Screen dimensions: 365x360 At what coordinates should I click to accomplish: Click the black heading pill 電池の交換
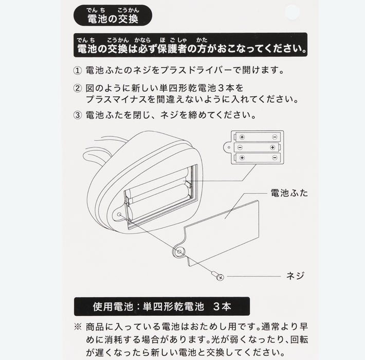coord(113,15)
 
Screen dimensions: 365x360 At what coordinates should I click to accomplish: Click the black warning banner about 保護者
coord(190,45)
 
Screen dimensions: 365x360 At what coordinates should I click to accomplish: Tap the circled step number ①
coord(78,70)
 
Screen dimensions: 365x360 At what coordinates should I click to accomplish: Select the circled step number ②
coord(78,88)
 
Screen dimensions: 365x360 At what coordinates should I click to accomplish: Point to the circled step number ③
coord(78,115)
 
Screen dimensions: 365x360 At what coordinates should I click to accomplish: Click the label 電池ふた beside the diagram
coord(289,193)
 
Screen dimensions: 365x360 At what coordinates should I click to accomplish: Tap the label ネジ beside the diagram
coord(295,276)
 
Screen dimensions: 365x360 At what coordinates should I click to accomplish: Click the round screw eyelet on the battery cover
coord(179,252)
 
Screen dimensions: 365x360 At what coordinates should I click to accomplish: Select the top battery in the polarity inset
coord(258,137)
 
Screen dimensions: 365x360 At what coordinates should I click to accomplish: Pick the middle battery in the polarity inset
coord(257,147)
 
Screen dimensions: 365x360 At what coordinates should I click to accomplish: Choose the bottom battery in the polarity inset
coord(258,158)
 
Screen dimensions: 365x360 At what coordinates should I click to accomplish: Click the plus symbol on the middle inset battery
coord(272,148)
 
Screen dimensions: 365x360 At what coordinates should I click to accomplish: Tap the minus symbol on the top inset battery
coord(275,137)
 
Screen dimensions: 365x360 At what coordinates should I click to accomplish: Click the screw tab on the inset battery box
coord(227,148)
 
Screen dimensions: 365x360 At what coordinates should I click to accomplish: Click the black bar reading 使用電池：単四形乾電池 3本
coord(162,307)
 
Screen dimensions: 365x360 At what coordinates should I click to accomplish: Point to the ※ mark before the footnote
coord(78,327)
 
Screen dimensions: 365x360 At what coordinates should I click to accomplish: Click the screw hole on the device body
coord(119,214)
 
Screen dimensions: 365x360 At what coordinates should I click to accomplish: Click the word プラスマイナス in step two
coord(117,99)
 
